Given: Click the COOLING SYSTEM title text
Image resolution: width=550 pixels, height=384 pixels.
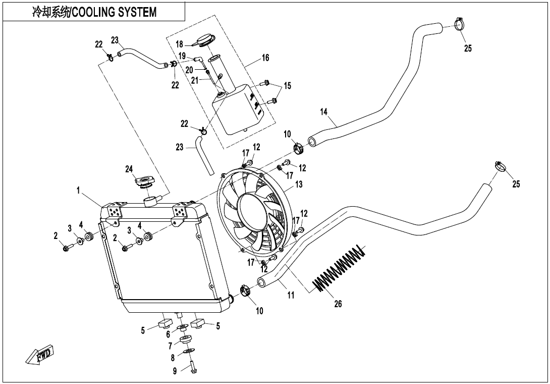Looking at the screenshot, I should (x=94, y=12).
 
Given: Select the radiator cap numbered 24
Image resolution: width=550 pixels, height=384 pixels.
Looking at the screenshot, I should (x=146, y=180).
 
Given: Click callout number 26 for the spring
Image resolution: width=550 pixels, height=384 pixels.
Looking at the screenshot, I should (x=338, y=304).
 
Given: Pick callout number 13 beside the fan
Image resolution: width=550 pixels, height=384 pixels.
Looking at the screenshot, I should (x=299, y=184).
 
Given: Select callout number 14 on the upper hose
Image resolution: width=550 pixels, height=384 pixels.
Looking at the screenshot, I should (x=324, y=111).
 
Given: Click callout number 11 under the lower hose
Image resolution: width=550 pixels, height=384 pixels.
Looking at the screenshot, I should (x=291, y=295).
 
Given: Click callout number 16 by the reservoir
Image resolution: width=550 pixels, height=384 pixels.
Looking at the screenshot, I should (x=265, y=58).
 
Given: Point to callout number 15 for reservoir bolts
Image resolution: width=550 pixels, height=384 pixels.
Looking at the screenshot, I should (x=287, y=86).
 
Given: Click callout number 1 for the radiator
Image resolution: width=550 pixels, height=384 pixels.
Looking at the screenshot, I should (x=79, y=190).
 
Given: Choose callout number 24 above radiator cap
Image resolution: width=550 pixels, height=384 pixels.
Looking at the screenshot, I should (x=129, y=169).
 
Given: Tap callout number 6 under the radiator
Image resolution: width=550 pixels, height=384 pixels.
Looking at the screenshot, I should (x=168, y=334).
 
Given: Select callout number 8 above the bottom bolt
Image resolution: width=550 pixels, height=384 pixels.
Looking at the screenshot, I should (x=173, y=358).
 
